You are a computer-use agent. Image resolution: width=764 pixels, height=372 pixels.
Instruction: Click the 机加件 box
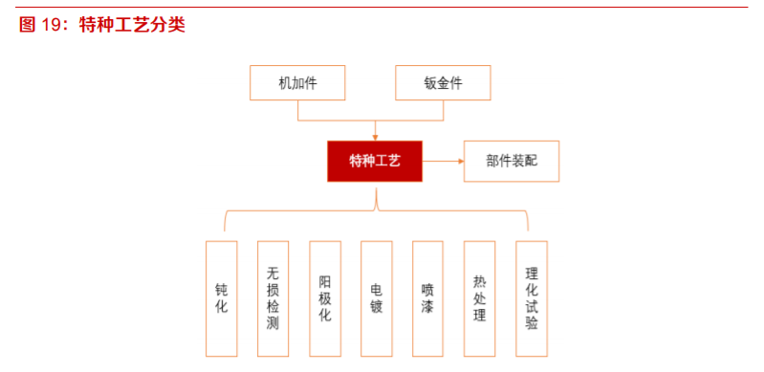(297, 83)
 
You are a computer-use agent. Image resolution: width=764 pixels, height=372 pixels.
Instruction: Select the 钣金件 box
(443, 83)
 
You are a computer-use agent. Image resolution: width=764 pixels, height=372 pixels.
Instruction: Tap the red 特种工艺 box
(375, 162)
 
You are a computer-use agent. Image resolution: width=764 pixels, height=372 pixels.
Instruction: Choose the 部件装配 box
(512, 162)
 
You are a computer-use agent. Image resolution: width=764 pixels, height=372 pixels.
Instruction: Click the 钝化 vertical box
(222, 298)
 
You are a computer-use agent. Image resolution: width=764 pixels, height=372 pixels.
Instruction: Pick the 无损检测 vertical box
(273, 298)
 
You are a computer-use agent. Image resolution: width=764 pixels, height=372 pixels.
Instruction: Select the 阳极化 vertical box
(325, 298)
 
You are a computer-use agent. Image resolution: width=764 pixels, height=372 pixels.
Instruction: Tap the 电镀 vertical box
(377, 298)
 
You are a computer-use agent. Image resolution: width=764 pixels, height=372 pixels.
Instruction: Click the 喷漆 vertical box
(428, 298)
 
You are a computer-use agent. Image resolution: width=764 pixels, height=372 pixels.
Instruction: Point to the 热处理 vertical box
(480, 298)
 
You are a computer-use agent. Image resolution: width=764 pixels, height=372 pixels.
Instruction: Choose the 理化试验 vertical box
(532, 298)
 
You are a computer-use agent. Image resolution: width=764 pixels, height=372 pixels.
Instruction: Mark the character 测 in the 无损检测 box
(273, 323)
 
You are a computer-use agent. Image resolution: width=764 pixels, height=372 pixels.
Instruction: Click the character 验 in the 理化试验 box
(532, 323)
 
